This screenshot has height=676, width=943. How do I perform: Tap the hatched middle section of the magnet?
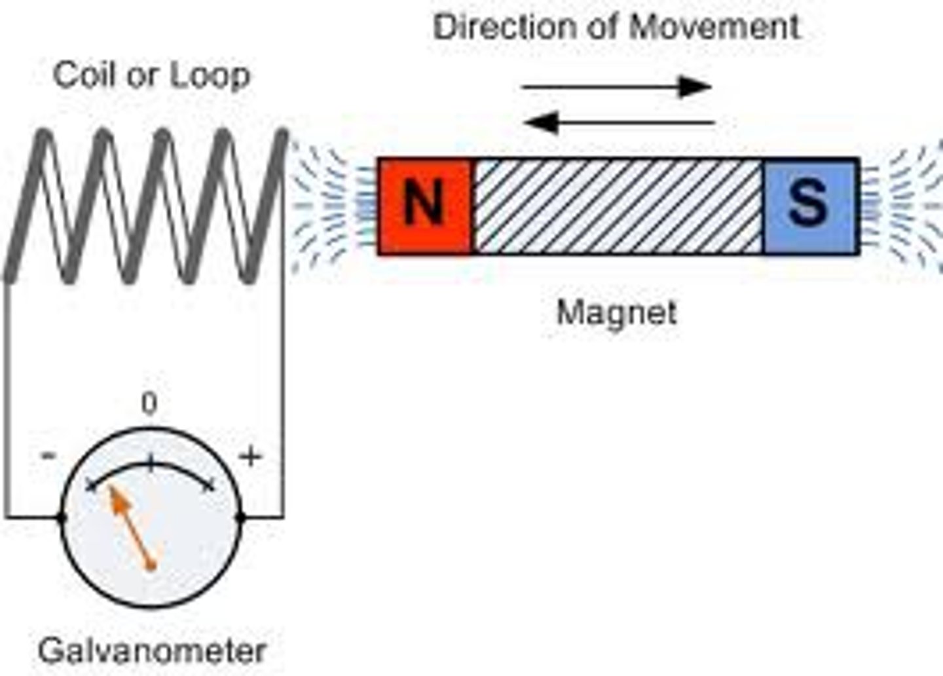coord(617,206)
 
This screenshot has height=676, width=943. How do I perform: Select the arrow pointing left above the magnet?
coord(618,122)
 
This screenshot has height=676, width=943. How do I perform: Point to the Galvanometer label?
coord(152,651)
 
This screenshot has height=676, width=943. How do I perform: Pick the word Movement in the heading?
coord(714,28)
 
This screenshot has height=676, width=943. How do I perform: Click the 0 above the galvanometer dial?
coord(149,404)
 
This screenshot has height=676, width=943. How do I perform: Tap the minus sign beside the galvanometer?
coord(48,456)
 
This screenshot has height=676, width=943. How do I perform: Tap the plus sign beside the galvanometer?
coord(250,456)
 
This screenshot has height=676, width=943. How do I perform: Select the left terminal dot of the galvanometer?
coord(62,517)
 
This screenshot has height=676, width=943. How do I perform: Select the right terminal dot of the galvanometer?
coord(240,517)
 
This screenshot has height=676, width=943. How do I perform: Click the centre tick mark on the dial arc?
coord(151,464)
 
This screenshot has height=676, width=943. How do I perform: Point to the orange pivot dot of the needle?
coord(151,565)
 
